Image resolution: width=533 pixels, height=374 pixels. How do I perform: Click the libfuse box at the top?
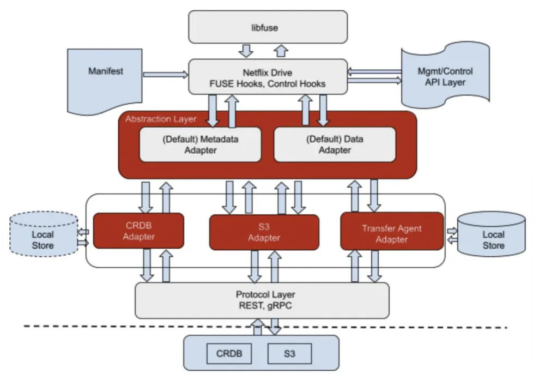click(x=268, y=27)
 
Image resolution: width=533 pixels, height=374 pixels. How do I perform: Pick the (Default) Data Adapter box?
click(x=335, y=144)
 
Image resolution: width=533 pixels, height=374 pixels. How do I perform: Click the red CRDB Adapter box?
click(x=138, y=231)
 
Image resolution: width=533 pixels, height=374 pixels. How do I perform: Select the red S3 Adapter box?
click(x=264, y=232)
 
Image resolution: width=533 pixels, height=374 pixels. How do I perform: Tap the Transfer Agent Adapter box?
click(x=391, y=232)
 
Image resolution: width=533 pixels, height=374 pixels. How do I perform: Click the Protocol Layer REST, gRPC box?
click(x=262, y=300)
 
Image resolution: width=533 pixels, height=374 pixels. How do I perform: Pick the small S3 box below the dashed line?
click(x=289, y=353)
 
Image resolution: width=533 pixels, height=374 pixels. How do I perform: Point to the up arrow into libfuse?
click(x=282, y=51)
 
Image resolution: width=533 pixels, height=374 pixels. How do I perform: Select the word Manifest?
click(x=106, y=71)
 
